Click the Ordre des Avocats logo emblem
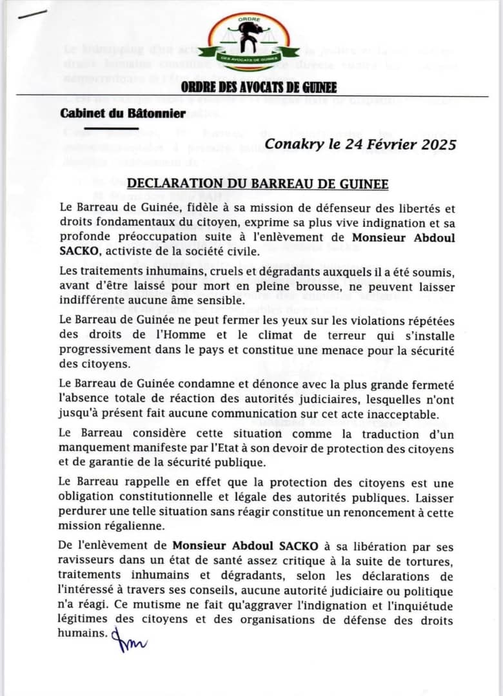pyautogui.click(x=248, y=43)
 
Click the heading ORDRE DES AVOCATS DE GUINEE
pyautogui.click(x=259, y=88)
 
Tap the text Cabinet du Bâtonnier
pyautogui.click(x=123, y=113)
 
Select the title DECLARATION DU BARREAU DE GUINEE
pyautogui.click(x=257, y=185)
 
